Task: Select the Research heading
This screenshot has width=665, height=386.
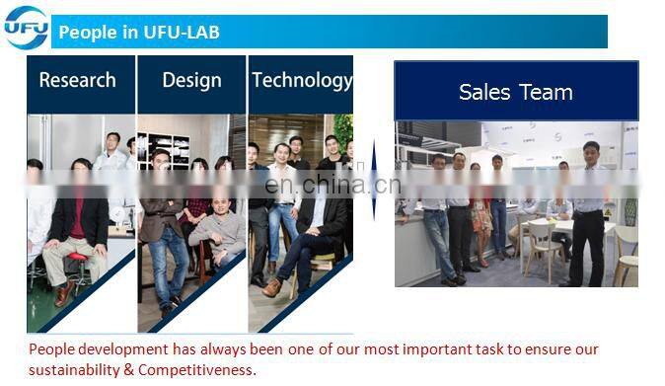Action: (x=77, y=80)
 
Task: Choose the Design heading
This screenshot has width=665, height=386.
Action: (x=191, y=80)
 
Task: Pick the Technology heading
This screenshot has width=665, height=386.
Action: (x=301, y=80)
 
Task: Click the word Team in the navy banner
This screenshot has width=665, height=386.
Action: (x=547, y=93)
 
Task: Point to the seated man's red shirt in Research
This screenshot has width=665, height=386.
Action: (x=79, y=212)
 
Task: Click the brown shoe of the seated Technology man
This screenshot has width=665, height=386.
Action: (x=271, y=287)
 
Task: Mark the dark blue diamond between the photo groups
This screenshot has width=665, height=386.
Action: (x=374, y=182)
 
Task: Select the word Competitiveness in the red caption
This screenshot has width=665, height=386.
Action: (x=192, y=370)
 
